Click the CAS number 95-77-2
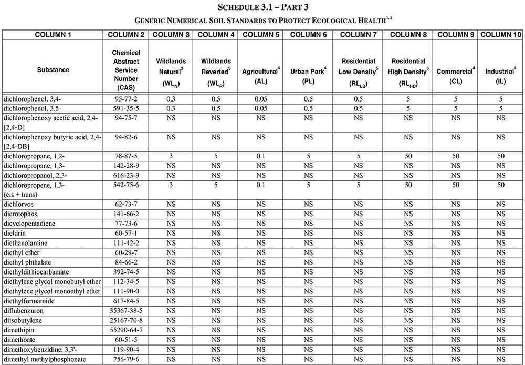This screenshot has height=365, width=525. click(x=126, y=99)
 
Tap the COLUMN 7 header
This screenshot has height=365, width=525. click(x=359, y=35)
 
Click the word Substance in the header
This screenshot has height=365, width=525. click(x=53, y=70)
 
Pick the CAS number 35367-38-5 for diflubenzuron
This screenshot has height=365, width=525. click(x=126, y=311)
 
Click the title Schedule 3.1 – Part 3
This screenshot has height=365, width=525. click(x=262, y=7)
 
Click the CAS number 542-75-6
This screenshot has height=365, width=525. click(x=126, y=185)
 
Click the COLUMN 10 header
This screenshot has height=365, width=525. click(x=501, y=35)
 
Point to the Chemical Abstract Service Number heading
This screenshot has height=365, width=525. click(x=126, y=70)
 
